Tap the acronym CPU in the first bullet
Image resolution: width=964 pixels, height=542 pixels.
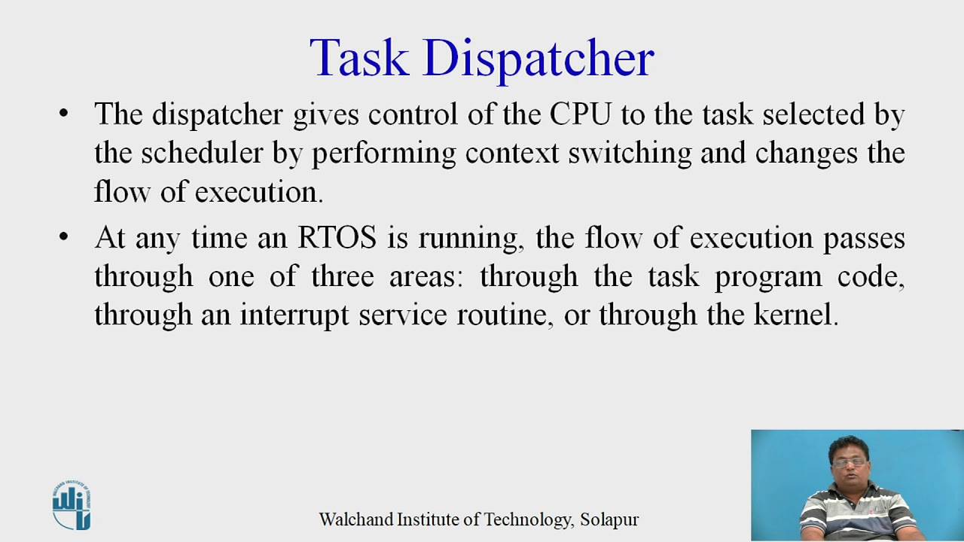(578, 114)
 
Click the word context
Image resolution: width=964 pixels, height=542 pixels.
(512, 153)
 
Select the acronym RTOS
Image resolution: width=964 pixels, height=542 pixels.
(337, 238)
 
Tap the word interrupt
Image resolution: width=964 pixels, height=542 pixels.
(294, 315)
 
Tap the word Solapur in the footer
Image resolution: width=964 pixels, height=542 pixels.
(609, 519)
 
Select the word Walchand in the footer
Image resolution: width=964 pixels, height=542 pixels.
(352, 519)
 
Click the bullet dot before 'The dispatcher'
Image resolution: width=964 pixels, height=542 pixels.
(63, 114)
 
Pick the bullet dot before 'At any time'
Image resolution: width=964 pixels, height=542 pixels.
(63, 238)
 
